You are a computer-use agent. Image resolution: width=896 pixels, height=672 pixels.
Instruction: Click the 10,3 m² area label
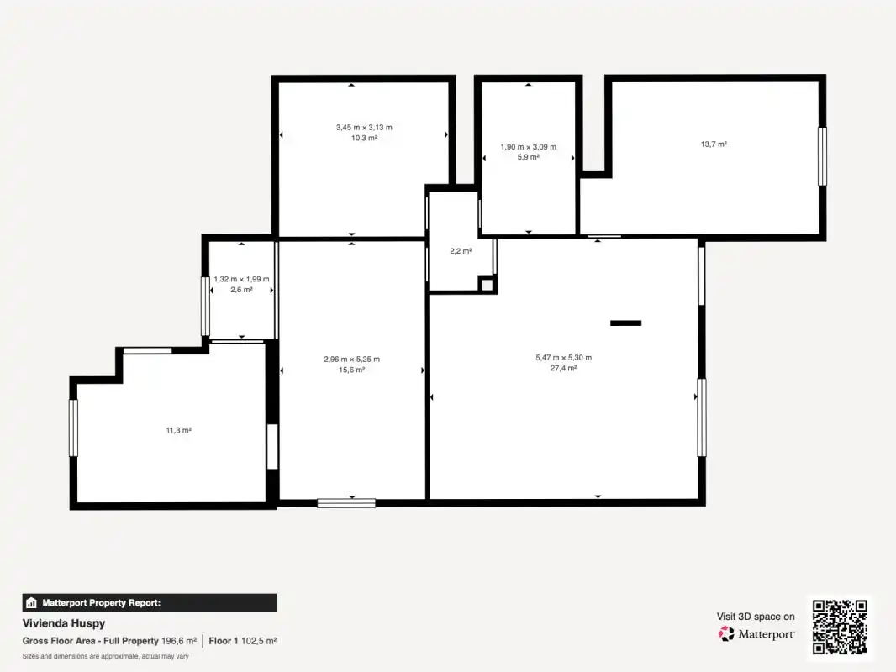pos(364,138)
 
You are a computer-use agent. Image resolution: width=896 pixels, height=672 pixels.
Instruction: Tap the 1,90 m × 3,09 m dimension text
pos(528,147)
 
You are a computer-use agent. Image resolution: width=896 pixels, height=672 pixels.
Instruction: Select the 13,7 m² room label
pos(714,144)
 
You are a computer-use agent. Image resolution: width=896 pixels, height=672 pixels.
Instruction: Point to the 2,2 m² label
pos(461,251)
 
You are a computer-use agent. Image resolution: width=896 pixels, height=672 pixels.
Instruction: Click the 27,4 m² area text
pos(563,368)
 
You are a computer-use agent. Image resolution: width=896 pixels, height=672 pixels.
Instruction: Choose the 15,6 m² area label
pos(351,370)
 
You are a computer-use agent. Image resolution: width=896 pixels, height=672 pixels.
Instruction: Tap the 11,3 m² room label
pos(179,430)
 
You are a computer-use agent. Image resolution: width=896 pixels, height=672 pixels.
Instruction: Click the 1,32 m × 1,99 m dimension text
pos(241,279)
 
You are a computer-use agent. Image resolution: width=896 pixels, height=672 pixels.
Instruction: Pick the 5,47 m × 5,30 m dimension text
pos(563,357)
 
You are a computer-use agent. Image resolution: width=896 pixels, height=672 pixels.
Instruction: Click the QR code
pos(840,627)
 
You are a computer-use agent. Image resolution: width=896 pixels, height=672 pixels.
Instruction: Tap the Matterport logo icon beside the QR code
pos(726,633)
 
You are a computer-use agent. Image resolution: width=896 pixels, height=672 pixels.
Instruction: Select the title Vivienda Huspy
pos(63,623)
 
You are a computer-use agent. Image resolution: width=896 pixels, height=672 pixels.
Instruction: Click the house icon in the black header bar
pos(31,603)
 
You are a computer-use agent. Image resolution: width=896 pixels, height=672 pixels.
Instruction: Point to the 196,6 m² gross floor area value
pos(179,641)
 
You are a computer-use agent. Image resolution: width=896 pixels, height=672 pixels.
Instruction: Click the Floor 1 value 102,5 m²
pos(259,641)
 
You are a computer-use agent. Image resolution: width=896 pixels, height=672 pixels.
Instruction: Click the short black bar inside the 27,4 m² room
pos(625,323)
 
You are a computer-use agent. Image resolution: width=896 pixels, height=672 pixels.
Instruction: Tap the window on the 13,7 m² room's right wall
pos(822,156)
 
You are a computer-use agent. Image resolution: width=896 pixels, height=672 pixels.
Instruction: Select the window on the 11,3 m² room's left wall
pos(73,428)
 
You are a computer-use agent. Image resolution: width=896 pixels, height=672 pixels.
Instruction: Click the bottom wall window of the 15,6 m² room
pos(346,503)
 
